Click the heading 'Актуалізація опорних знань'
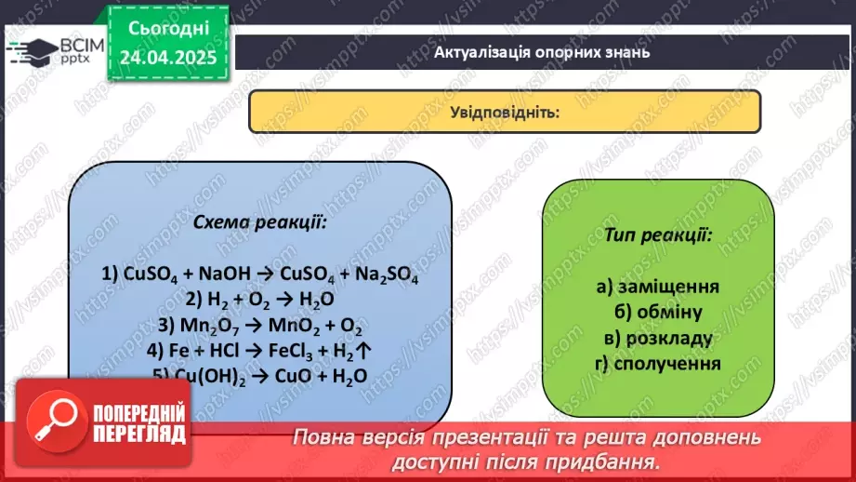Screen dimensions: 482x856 click(x=541, y=52)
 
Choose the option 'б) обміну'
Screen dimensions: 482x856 click(x=658, y=312)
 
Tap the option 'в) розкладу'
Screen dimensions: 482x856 click(x=658, y=337)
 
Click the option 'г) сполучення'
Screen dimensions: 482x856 click(x=658, y=362)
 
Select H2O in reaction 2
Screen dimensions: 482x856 click(x=315, y=301)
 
